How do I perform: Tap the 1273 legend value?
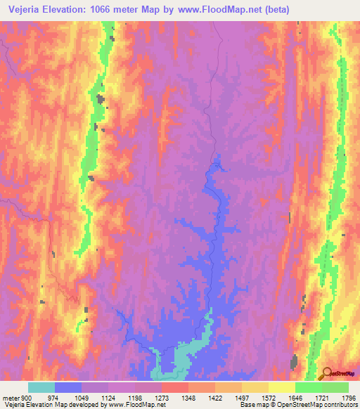tap(161, 398)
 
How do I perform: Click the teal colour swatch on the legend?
tap(41, 387)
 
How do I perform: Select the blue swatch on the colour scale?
tap(68, 387)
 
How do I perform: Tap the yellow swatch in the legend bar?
tap(281, 387)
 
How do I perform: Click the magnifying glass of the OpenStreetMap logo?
tap(326, 373)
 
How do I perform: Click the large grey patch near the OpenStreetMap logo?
tap(293, 363)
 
